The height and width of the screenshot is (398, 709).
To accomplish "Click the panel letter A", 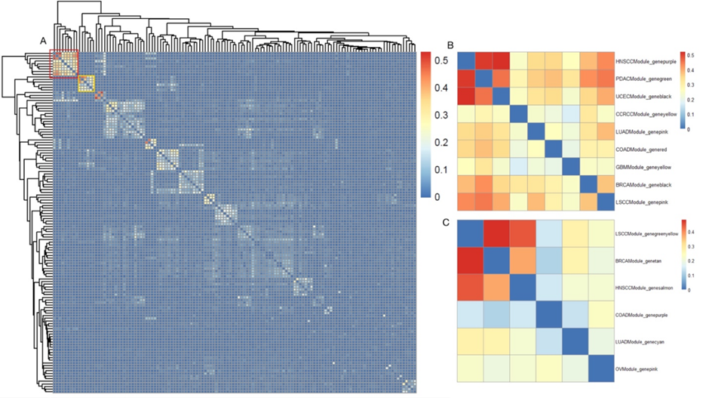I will pos(43,41).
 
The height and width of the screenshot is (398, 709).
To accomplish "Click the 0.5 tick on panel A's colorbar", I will pos(437,60).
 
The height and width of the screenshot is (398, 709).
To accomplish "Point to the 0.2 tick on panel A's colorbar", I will pos(437,142).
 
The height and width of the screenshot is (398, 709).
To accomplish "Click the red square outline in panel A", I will pos(63,63).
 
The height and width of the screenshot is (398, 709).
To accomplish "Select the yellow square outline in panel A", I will pos(87,82).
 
